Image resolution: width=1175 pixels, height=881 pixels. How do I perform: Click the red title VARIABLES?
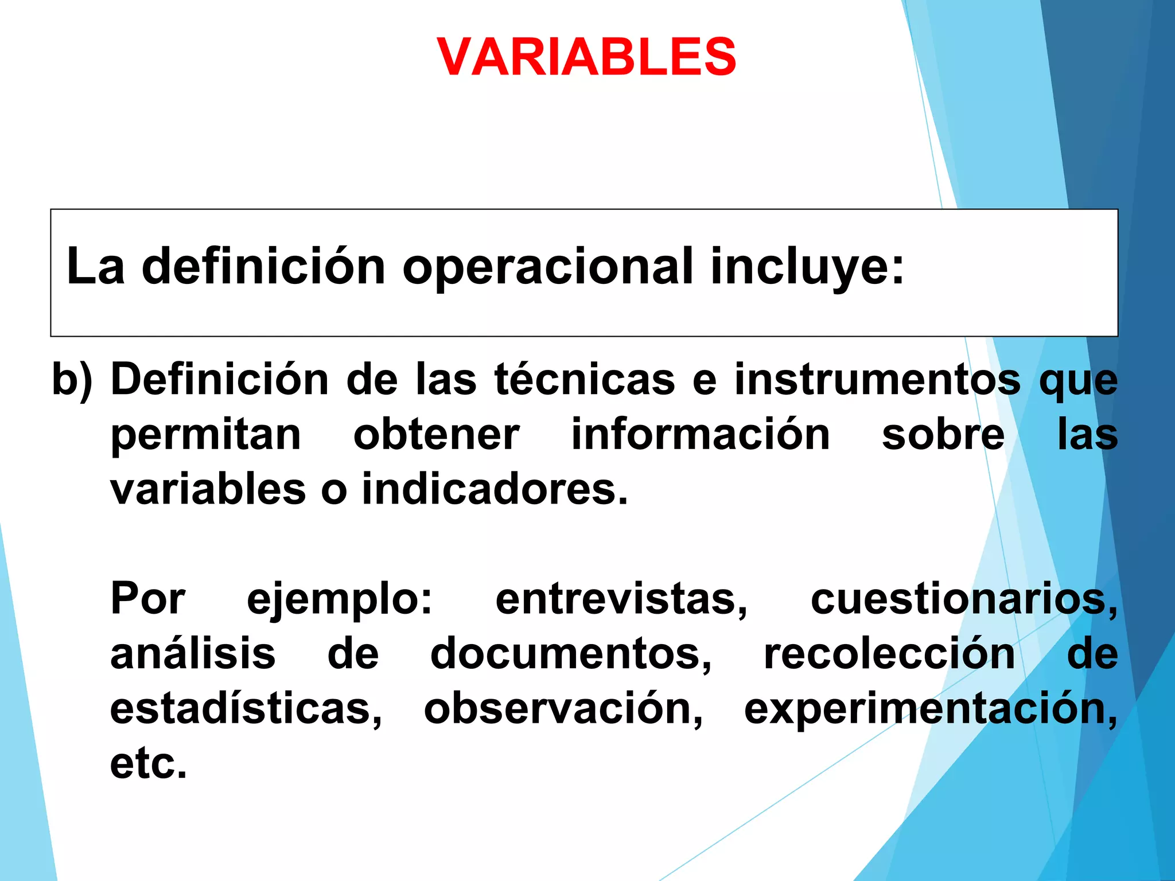point(586,56)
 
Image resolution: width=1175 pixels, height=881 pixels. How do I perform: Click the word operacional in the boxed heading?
point(548,267)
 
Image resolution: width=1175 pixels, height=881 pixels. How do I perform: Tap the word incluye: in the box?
point(807,267)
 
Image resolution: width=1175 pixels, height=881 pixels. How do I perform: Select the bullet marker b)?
point(72,380)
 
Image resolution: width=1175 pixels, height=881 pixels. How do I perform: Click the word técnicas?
point(585,380)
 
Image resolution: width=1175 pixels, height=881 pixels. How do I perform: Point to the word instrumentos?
point(877,380)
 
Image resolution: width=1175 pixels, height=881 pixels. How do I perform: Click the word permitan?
point(205,435)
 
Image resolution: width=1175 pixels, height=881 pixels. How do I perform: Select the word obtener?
point(436,435)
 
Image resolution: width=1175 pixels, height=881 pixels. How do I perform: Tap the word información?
point(701,435)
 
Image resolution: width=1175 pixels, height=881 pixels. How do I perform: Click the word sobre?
point(943,435)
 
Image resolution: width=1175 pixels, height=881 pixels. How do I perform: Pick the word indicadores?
point(494,490)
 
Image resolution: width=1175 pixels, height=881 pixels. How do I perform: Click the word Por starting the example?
point(147,599)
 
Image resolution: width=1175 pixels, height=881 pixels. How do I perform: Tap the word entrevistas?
point(621,599)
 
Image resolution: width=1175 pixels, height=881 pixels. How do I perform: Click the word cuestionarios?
point(963,599)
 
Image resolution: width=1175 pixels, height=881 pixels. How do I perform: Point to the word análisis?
point(193,654)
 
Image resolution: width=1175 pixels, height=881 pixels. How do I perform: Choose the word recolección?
point(889,654)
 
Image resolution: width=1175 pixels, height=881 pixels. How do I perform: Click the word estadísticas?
point(246,709)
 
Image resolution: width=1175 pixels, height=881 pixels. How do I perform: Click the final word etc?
point(148,764)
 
